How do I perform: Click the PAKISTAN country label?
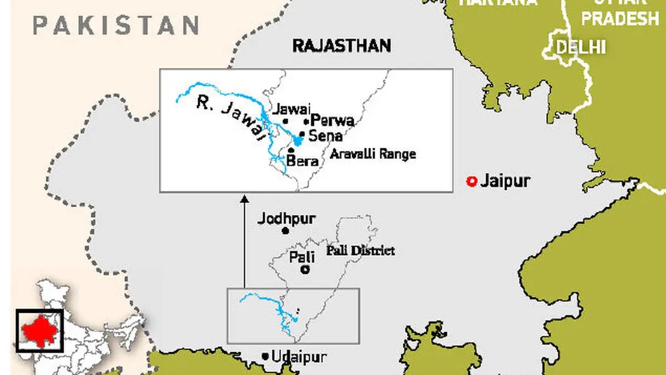click(x=115, y=26)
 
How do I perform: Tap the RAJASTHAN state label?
click(x=341, y=46)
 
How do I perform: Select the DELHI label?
click(x=581, y=47)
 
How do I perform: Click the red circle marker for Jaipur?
click(x=472, y=181)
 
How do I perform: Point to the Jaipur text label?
click(x=506, y=181)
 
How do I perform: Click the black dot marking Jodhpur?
click(x=286, y=231)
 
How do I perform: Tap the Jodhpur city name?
click(x=286, y=218)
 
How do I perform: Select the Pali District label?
click(x=361, y=251)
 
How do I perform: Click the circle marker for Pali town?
click(x=304, y=270)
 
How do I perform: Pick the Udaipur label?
click(x=299, y=357)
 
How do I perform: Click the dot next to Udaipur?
click(x=265, y=357)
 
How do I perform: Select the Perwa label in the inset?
click(x=332, y=121)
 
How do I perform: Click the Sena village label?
click(x=326, y=136)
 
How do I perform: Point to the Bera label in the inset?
click(x=303, y=161)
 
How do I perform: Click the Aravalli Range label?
click(x=372, y=154)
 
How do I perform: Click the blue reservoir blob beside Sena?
click(x=298, y=141)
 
